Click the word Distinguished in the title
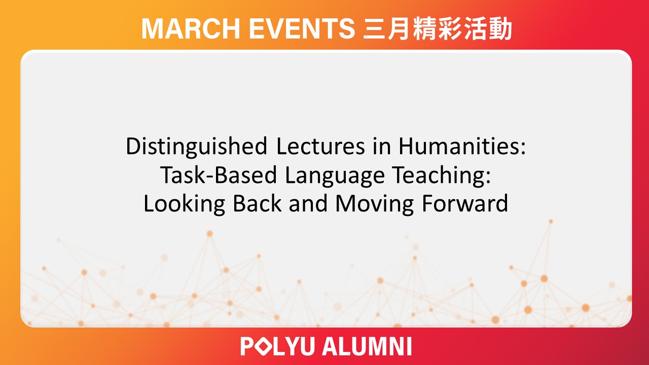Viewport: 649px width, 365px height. (196, 147)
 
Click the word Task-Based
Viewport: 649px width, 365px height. (218, 175)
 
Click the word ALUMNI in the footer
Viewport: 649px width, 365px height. (367, 347)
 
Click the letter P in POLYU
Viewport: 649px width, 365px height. (248, 347)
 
